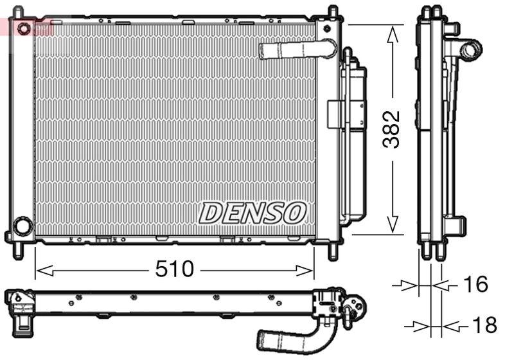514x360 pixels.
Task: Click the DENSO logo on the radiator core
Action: (x=252, y=212)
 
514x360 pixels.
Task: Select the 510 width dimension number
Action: (x=174, y=269)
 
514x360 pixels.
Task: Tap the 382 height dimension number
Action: (x=391, y=129)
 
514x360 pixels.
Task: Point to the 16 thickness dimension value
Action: (x=475, y=284)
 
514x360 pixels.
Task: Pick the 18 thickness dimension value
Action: (x=483, y=325)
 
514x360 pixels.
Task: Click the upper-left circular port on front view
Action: (x=24, y=28)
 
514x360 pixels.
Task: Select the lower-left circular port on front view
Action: (x=22, y=226)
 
